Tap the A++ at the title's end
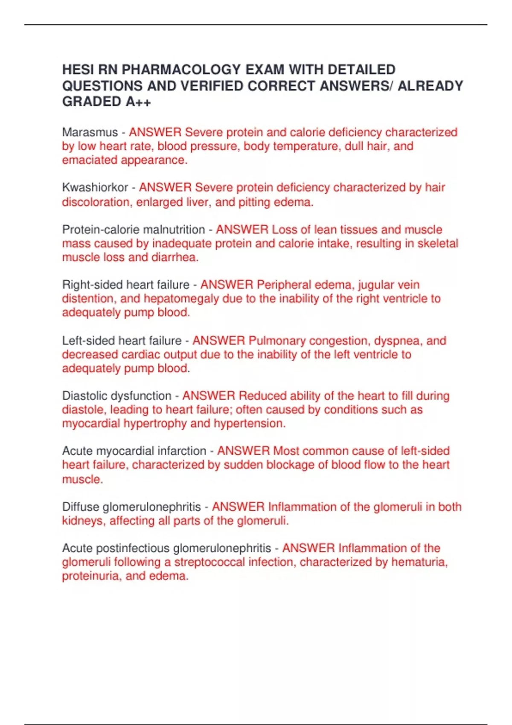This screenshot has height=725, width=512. [138, 102]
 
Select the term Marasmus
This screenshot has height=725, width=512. [90, 132]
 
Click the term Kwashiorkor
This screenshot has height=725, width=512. [95, 188]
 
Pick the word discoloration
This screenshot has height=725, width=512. [96, 202]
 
